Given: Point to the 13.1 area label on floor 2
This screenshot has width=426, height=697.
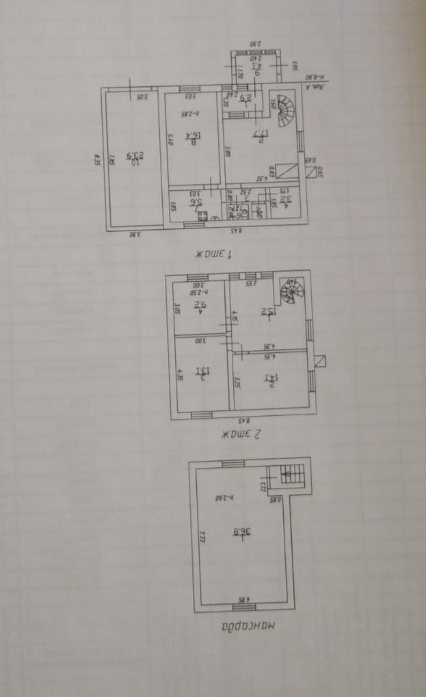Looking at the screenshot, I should [x=202, y=371].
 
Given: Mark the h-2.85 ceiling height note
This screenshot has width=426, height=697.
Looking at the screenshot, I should [x=189, y=114].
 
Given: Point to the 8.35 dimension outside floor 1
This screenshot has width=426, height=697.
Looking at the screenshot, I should [x=98, y=161].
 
